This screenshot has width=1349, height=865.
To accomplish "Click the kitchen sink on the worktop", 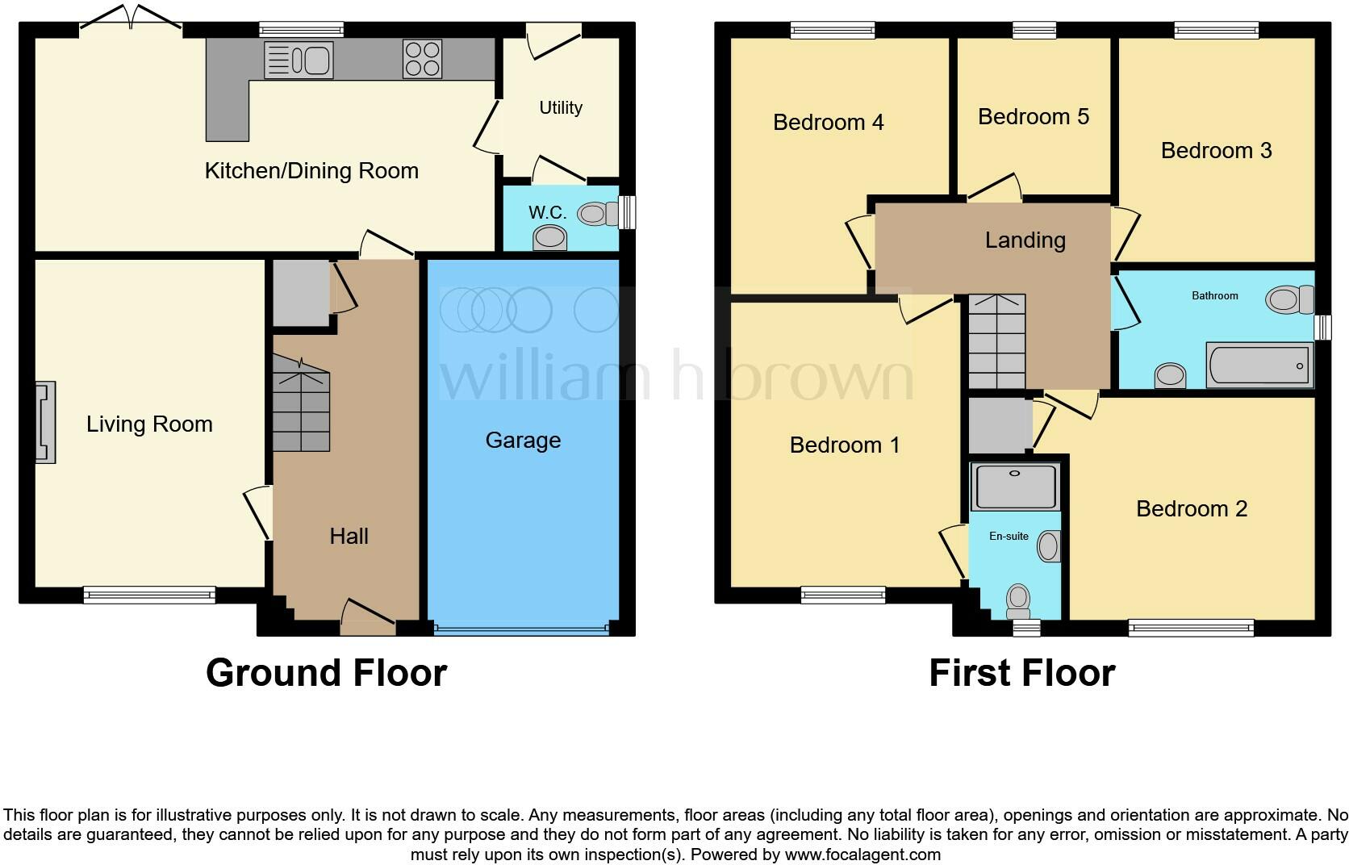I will click(299, 60).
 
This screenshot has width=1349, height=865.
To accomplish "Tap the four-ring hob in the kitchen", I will click(422, 59).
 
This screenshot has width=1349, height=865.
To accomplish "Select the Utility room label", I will click(561, 108).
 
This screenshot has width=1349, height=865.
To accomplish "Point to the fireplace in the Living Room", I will click(45, 423).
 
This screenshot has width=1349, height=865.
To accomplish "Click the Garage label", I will click(523, 441).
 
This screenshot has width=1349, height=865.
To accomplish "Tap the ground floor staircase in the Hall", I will click(300, 407).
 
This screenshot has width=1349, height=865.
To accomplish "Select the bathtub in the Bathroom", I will click(1259, 366).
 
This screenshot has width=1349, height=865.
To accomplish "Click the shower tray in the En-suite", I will click(1015, 487).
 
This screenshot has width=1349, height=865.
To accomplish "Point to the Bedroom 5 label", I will click(1033, 117).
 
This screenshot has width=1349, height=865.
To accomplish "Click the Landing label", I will click(1025, 240).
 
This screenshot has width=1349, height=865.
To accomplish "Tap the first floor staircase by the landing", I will click(996, 341).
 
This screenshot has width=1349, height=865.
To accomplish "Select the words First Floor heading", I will click(1021, 673).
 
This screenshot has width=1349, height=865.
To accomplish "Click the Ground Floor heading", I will click(326, 673).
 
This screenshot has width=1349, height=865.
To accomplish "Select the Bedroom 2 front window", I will click(1191, 628).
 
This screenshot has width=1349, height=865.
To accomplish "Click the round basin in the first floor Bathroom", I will click(1170, 375).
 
